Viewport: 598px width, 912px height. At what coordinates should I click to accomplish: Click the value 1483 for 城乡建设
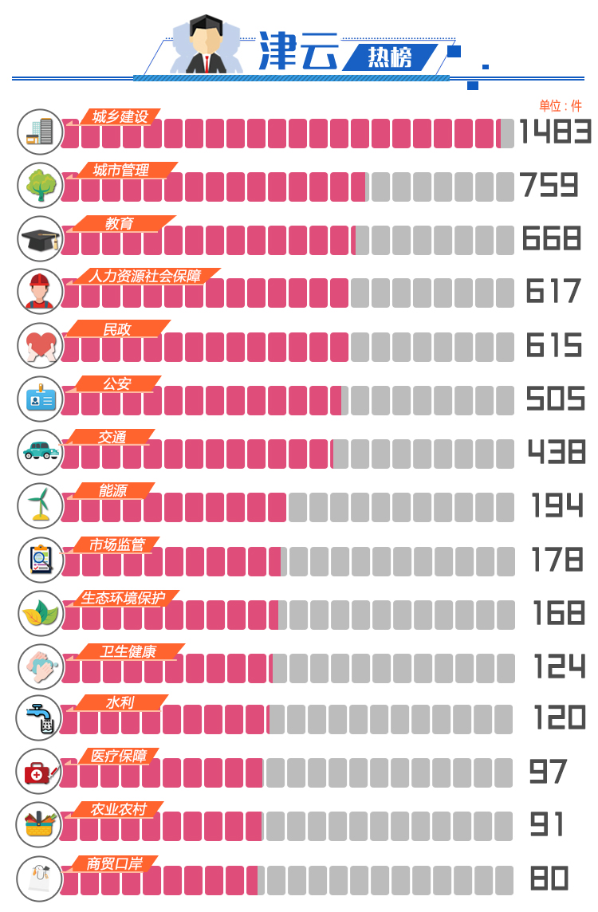pyautogui.click(x=555, y=132)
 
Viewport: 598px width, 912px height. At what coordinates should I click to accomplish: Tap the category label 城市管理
pyautogui.click(x=120, y=171)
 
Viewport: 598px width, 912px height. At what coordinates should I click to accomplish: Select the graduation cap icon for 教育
pyautogui.click(x=40, y=239)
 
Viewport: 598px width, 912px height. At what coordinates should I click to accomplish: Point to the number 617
pyautogui.click(x=553, y=292)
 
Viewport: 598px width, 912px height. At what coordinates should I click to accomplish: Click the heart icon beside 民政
pyautogui.click(x=40, y=345)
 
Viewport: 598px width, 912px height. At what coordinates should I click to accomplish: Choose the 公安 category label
pyautogui.click(x=116, y=384)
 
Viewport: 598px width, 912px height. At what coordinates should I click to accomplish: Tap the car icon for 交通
pyautogui.click(x=40, y=451)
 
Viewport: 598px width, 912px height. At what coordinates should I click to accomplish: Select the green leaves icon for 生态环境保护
pyautogui.click(x=40, y=612)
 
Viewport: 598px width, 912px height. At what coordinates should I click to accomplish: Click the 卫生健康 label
pyautogui.click(x=128, y=652)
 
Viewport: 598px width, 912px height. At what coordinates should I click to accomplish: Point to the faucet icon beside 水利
pyautogui.click(x=39, y=717)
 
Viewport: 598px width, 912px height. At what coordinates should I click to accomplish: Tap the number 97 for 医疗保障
pyautogui.click(x=548, y=772)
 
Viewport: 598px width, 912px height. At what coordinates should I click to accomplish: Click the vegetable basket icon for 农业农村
pyautogui.click(x=39, y=824)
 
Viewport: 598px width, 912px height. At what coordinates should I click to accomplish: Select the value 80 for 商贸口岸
pyautogui.click(x=549, y=879)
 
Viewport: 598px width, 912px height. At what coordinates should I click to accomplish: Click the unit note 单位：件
pyautogui.click(x=561, y=106)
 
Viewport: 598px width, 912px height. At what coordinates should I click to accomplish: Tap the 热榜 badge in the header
pyautogui.click(x=390, y=57)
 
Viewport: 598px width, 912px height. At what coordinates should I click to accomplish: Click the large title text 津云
pyautogui.click(x=298, y=53)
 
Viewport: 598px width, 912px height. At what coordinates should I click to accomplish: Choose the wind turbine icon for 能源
pyautogui.click(x=41, y=505)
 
